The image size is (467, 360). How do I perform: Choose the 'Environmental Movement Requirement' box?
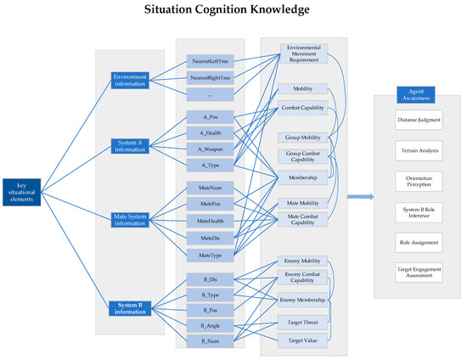coord(303,54)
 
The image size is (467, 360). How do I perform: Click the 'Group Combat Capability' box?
coord(303,158)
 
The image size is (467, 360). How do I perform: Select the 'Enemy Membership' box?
coord(303,301)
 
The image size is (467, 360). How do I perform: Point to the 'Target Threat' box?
coord(303,323)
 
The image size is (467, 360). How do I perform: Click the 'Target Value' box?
coord(303,340)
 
